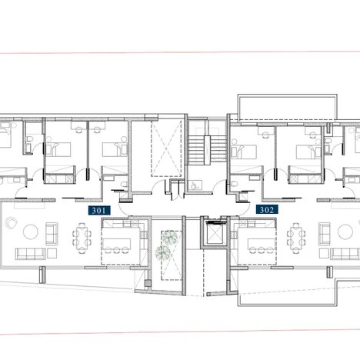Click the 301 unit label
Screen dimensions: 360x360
(x=99, y=208)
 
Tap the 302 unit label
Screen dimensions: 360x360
(x=265, y=208)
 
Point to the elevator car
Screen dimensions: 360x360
(x=213, y=231)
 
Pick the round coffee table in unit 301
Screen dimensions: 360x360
(x=33, y=232)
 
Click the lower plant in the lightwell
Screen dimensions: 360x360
(x=162, y=252)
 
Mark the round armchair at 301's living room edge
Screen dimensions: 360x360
(x=12, y=223)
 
